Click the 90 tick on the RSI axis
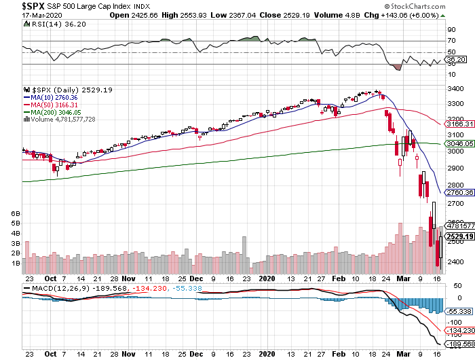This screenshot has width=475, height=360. pyautogui.click(x=451, y=30)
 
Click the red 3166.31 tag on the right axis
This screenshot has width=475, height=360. pyautogui.click(x=459, y=125)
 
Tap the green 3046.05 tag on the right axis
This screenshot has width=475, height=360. pyautogui.click(x=459, y=144)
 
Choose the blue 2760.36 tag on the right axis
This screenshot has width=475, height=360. pyautogui.click(x=459, y=193)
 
